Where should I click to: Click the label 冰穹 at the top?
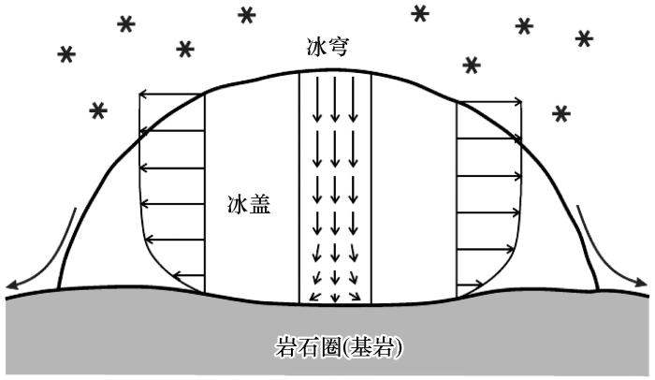click(327, 48)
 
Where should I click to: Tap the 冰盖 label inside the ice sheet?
click(249, 205)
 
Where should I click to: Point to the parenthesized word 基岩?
click(372, 346)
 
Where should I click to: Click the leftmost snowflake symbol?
click(66, 54)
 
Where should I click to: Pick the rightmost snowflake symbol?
click(584, 39)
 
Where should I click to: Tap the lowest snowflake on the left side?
click(98, 110)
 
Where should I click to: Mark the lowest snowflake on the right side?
click(561, 113)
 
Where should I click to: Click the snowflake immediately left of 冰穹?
click(247, 16)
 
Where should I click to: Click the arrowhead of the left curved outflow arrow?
click(10, 285)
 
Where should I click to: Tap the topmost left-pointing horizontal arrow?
click(171, 95)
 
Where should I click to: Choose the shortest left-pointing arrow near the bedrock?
click(188, 275)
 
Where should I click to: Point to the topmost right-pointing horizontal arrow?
click(489, 101)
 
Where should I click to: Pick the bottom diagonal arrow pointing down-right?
click(355, 296)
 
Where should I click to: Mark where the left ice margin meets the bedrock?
click(58, 288)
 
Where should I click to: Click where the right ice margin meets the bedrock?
click(598, 290)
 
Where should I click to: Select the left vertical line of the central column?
click(299, 188)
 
